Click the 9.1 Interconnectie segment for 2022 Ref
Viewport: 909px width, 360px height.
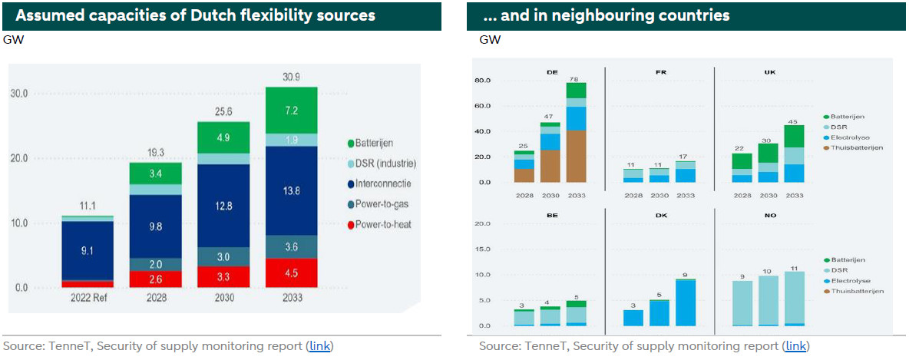(x=88, y=250)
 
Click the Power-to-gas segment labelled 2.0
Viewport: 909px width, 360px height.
(x=156, y=264)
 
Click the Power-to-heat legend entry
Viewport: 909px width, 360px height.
(x=385, y=224)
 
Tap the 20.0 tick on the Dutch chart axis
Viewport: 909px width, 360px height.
(x=20, y=158)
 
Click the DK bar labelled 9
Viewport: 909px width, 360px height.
(x=685, y=302)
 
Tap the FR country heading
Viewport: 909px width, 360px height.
(x=660, y=71)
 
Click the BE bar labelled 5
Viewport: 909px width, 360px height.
(x=576, y=314)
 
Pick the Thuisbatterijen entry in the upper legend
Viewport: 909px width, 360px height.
(x=858, y=147)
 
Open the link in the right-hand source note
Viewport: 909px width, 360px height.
(x=796, y=346)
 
